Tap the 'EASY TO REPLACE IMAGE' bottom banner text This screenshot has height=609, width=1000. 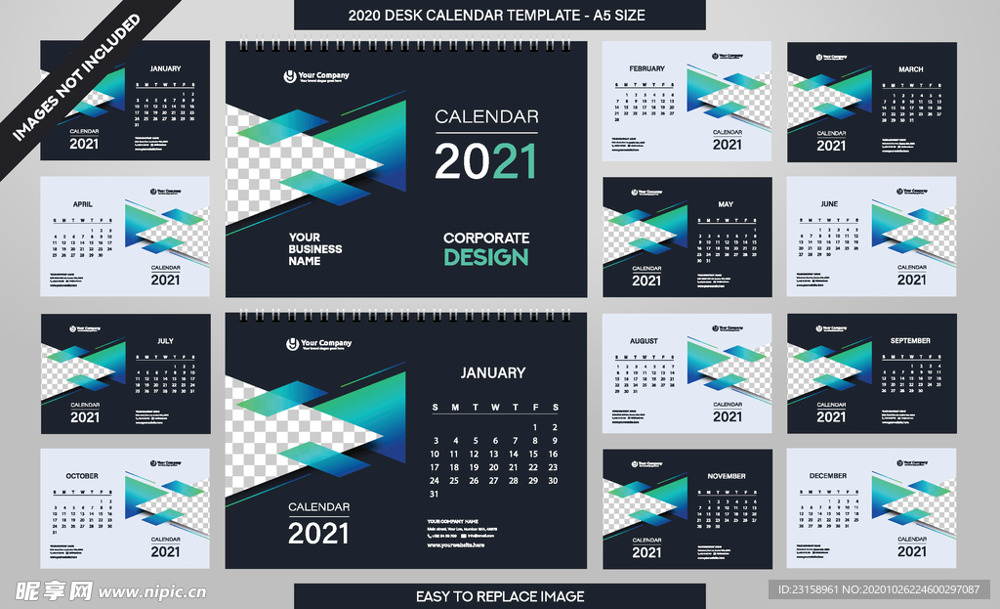(500, 596)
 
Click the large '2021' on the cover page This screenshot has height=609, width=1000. (485, 161)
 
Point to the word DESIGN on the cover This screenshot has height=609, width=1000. (485, 257)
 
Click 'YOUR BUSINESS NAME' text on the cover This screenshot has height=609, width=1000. (314, 249)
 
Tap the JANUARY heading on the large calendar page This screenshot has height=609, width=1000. (492, 372)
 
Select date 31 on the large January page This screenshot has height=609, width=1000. (435, 494)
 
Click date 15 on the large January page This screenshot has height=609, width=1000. (533, 454)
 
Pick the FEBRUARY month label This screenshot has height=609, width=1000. (646, 68)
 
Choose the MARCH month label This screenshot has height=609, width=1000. (910, 69)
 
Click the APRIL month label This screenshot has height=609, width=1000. (83, 204)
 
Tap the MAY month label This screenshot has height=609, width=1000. (726, 204)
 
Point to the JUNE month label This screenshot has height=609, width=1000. (829, 204)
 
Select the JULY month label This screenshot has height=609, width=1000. (165, 341)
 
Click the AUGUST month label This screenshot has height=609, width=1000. (644, 341)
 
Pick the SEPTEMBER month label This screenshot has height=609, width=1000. (910, 341)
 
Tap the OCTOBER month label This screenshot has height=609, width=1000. (82, 476)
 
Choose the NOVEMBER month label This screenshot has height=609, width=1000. (726, 476)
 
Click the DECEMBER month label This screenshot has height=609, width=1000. (829, 476)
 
